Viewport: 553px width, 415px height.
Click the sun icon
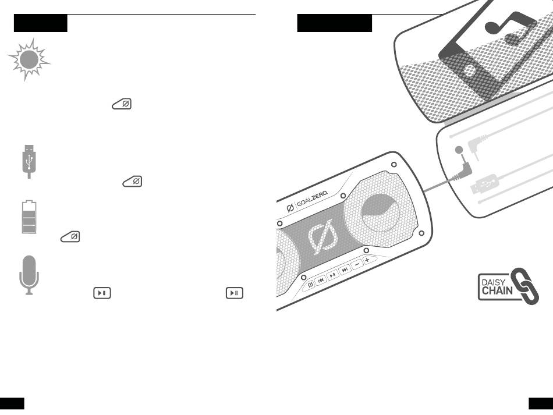(x=29, y=59)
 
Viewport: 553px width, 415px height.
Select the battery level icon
(x=29, y=217)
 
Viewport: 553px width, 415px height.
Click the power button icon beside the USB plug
(x=133, y=182)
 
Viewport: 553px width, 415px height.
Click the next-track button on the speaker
(x=345, y=269)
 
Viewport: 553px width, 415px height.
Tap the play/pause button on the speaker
(x=332, y=274)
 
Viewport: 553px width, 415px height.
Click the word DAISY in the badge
(x=492, y=281)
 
